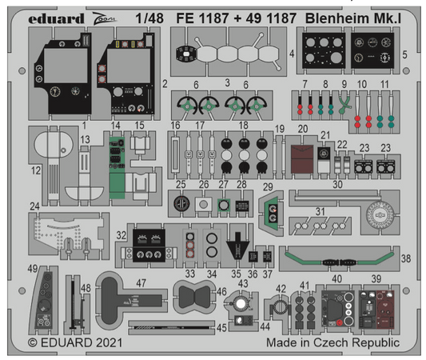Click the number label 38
406,258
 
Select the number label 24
34,206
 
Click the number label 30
338,184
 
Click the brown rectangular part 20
303,158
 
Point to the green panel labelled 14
117,160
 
